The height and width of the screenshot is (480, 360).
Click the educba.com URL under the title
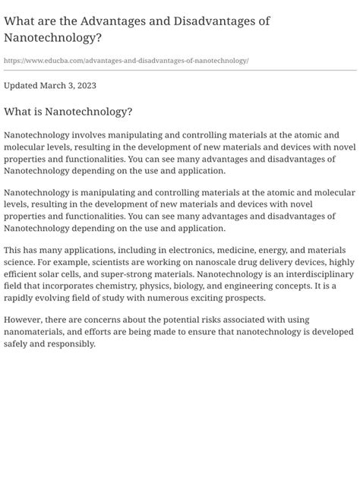[126, 60]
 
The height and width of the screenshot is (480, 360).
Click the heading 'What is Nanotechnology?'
[68, 112]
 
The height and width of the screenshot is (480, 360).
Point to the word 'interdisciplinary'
[315, 274]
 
